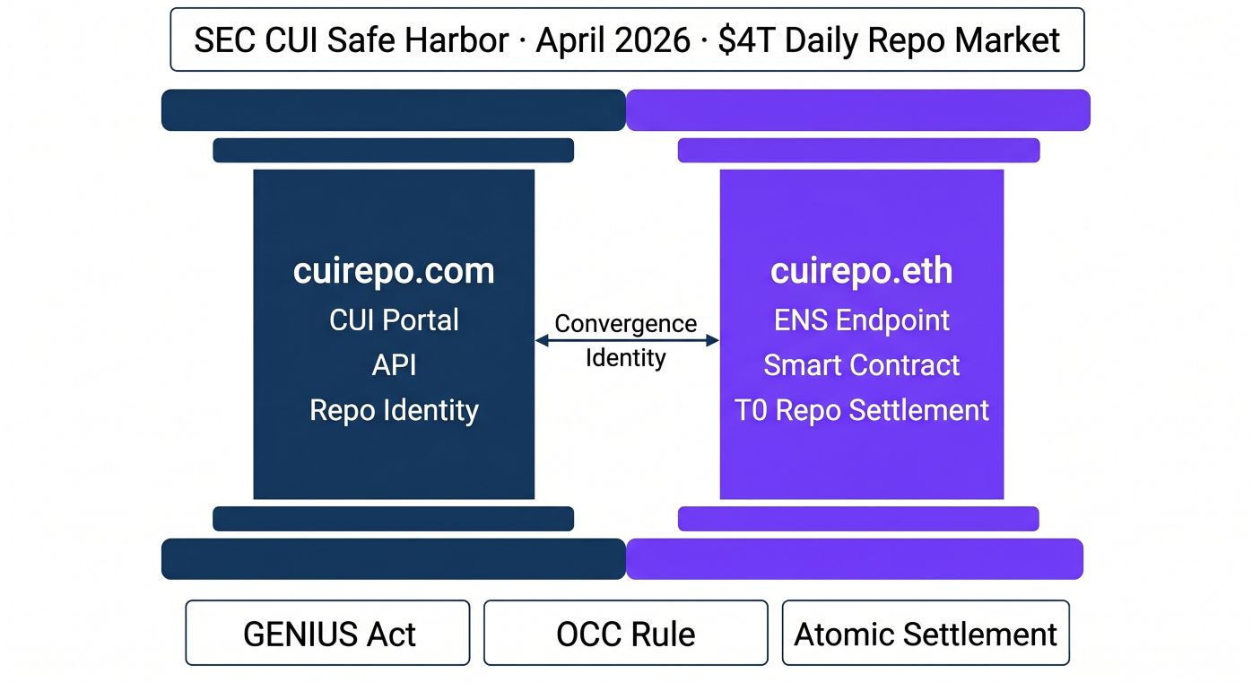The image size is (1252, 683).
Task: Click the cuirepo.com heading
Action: tap(394, 271)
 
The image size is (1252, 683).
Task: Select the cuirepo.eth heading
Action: tap(861, 271)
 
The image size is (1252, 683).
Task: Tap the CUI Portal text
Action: tap(394, 320)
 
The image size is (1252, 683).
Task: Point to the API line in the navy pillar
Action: tap(394, 365)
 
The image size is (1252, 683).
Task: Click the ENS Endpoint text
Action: tap(861, 320)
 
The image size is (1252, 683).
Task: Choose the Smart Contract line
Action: tap(861, 365)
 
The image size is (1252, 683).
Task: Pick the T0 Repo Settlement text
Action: tap(861, 410)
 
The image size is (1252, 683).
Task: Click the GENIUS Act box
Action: tap(327, 633)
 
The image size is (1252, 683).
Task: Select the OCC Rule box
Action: tap(626, 633)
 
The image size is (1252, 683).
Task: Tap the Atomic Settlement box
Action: tap(926, 633)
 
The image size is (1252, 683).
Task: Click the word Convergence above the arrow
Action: tap(625, 323)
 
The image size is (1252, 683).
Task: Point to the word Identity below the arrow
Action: tap(625, 358)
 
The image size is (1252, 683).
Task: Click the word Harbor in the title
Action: tap(456, 40)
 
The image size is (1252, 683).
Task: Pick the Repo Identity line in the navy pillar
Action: tap(394, 411)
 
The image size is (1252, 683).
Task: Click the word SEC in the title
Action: tap(225, 40)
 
